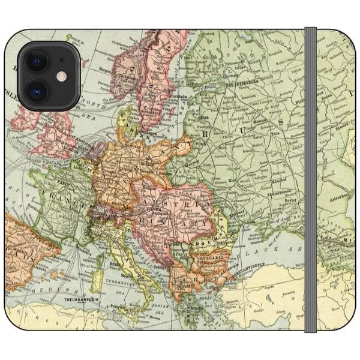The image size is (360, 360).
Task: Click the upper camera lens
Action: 37,61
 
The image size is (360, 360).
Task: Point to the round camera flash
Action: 61,76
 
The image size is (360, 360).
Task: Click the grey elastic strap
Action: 310,180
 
